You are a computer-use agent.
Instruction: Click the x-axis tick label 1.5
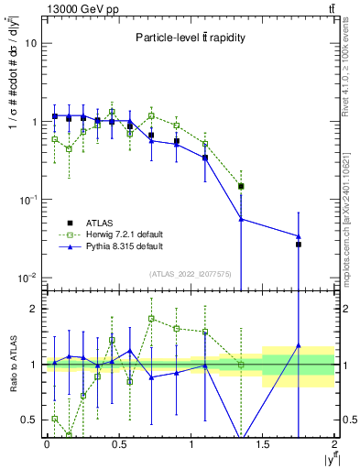click(x=263, y=444)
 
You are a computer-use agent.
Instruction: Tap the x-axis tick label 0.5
click(x=118, y=444)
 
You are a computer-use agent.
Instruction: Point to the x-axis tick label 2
click(x=335, y=444)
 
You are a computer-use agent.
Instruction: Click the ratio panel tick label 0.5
click(x=29, y=420)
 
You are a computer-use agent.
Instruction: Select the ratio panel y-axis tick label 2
click(x=34, y=310)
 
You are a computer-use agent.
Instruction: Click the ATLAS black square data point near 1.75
click(x=299, y=245)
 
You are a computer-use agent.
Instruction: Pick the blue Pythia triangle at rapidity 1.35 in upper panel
click(x=241, y=219)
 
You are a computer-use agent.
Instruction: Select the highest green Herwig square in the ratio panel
click(x=151, y=319)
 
